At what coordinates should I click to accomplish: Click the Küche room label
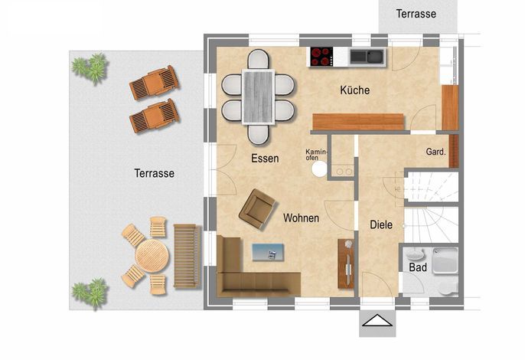point(355,90)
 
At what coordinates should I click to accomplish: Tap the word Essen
point(265,159)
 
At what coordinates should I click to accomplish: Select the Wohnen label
point(301,218)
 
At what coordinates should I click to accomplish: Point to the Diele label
point(381,224)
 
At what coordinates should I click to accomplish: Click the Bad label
point(418,267)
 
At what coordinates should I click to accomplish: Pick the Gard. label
point(435,152)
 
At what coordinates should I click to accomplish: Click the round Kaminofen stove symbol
point(319,169)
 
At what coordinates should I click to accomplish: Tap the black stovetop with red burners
point(321,57)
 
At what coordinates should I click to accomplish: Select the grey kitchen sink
point(367,56)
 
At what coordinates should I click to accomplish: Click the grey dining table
point(259,97)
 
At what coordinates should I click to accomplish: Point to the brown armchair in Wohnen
point(257,209)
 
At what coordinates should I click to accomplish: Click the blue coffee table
point(268,252)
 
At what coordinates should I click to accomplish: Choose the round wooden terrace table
point(152,255)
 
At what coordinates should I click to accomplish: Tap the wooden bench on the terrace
point(187,256)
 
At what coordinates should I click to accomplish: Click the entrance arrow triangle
point(377,320)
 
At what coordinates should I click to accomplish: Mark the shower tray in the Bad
point(445,261)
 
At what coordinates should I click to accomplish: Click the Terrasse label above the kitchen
point(416,14)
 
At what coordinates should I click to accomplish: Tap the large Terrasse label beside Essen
point(155,173)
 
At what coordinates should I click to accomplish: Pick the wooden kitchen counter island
point(358,122)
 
